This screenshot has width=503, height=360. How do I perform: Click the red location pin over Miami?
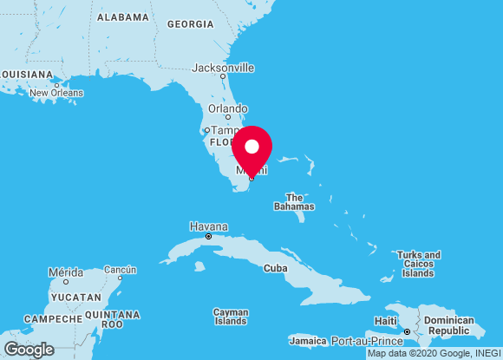click(x=251, y=148)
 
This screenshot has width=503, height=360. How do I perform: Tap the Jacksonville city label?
click(x=223, y=67)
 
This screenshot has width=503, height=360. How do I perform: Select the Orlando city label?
click(x=228, y=108)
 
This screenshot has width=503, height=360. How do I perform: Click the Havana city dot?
click(x=208, y=236)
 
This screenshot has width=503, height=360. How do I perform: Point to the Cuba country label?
click(x=275, y=268)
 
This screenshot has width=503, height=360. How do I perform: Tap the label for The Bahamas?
click(x=294, y=202)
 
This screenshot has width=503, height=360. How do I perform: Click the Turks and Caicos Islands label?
click(x=418, y=264)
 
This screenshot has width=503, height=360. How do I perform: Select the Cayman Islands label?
click(x=231, y=317)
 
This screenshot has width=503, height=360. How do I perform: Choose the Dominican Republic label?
click(x=448, y=326)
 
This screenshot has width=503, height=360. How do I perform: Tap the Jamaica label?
click(x=307, y=340)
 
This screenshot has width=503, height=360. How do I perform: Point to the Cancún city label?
click(x=120, y=269)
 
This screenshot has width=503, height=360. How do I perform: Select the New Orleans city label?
click(x=56, y=93)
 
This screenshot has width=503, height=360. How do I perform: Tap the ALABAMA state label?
click(x=123, y=17)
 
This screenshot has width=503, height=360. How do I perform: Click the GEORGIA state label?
click(x=190, y=24)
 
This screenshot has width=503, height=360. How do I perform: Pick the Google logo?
click(x=28, y=349)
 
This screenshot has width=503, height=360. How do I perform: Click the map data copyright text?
click(x=434, y=353)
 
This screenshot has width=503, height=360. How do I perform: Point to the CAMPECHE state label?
click(x=53, y=319)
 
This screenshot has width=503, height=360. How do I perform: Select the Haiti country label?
click(x=385, y=321)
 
